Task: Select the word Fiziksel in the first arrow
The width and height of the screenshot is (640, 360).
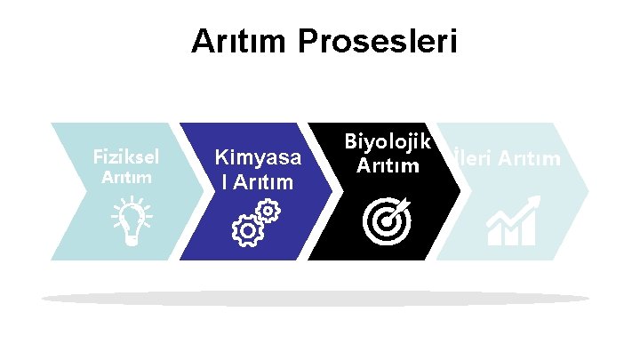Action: point(126,156)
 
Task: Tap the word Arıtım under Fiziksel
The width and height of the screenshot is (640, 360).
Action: point(126,177)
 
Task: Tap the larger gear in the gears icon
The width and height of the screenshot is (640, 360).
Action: point(245,230)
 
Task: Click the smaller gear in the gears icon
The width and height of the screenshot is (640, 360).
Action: point(267,212)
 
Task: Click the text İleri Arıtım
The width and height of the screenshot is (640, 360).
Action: point(506,159)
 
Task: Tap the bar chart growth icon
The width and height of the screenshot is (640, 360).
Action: point(512,223)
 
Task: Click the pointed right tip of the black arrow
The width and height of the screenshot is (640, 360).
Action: point(460,190)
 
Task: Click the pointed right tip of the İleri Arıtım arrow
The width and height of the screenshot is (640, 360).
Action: point(588,190)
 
